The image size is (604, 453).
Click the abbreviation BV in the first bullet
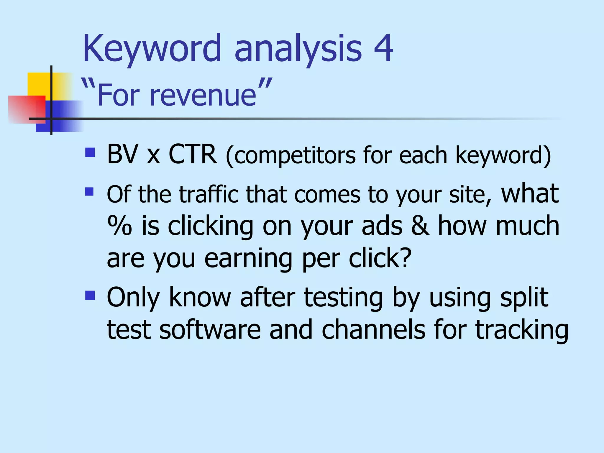122,154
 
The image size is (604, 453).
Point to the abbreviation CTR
192,154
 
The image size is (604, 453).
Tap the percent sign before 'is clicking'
119,226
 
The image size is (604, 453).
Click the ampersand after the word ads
420,226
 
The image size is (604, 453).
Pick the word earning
248,258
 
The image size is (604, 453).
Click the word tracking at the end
522,330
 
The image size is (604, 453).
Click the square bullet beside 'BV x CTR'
90,152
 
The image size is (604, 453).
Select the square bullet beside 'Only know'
90,295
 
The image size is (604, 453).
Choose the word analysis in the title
298,49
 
